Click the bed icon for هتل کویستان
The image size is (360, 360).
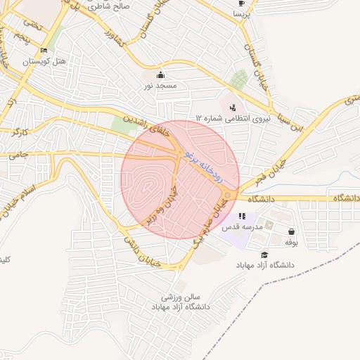pyautogui.click(x=44, y=51)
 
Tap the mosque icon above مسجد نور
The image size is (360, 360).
pyautogui.click(x=160, y=75)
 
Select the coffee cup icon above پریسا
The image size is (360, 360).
pyautogui.click(x=240, y=3)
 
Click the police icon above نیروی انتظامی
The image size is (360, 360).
pyautogui.click(x=233, y=108)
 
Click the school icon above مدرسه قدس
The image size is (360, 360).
pyautogui.click(x=243, y=217)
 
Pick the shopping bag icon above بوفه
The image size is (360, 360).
pyautogui.click(x=291, y=231)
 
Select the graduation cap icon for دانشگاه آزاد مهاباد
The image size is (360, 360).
pyautogui.click(x=264, y=255)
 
